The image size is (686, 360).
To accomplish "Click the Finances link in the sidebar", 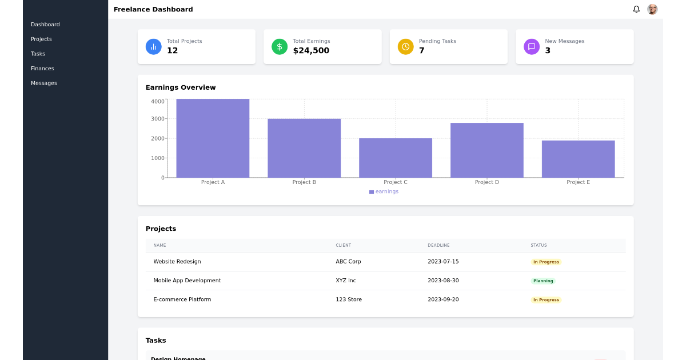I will (42, 69).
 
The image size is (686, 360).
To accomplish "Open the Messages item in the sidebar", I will (44, 83).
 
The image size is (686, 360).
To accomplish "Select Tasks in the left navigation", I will (38, 54).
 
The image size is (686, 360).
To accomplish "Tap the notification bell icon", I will (636, 9).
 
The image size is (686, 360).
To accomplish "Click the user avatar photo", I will (652, 9).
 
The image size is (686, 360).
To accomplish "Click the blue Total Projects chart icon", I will (154, 47).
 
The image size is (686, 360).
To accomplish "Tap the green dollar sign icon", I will (280, 47).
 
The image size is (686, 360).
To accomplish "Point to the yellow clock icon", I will (405, 47).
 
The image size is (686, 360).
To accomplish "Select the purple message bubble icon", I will (532, 47).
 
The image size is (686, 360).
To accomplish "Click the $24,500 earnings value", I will (311, 51).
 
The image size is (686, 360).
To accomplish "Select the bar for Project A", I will (213, 138).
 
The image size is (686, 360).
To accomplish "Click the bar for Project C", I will (396, 158).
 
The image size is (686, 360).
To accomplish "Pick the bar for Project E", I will (578, 159).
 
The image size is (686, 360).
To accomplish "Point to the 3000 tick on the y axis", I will (158, 119).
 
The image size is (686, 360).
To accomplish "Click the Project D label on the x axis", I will (487, 182).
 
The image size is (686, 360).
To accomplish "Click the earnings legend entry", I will (384, 192).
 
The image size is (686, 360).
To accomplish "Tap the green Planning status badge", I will (543, 281).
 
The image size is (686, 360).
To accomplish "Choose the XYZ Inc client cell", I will (346, 281).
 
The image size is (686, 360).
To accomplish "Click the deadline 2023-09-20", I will (443, 299).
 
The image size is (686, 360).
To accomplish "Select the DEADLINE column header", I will (438, 246).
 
